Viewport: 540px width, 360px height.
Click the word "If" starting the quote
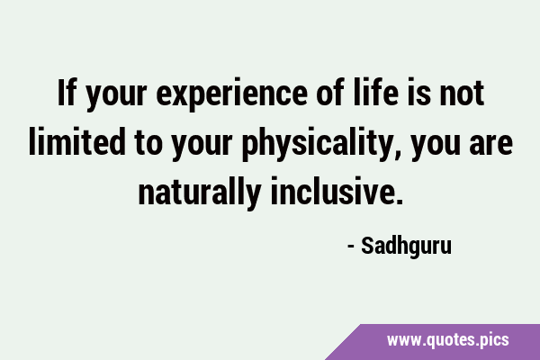coord(67,93)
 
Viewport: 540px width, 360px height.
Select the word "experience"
coord(231,95)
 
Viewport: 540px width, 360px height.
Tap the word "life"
coord(375,93)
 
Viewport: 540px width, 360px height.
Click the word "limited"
coord(76,141)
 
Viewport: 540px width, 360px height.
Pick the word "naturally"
coord(200,192)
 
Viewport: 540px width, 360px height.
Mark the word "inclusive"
coord(332,191)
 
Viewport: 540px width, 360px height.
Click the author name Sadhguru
coord(406,247)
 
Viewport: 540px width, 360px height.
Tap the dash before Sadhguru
coord(351,247)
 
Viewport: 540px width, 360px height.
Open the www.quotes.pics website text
coord(447,340)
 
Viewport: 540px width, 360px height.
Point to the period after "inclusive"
coord(399,202)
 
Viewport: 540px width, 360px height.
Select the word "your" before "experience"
coord(116,97)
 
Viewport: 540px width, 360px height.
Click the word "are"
coord(491,144)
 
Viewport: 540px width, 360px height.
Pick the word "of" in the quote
coord(330,93)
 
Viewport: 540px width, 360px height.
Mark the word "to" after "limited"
coord(148,143)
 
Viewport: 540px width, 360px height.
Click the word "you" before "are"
coord(436,147)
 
